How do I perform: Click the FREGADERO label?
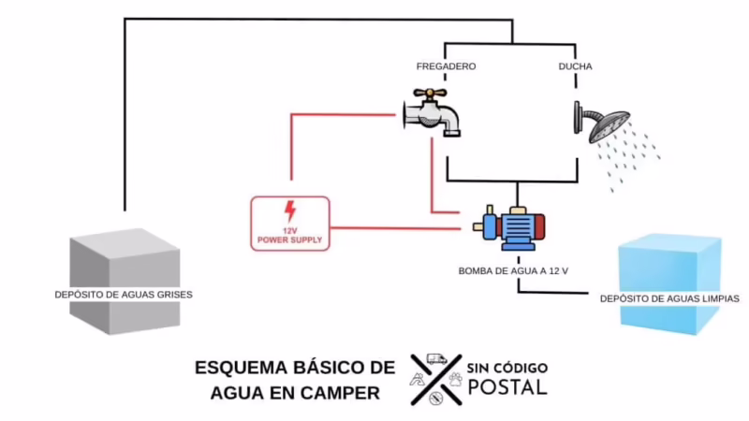coord(446,67)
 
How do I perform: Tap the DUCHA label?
coord(574,67)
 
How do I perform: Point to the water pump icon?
coord(509,228)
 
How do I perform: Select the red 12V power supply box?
coord(290,223)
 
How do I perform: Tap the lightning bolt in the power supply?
coord(290,210)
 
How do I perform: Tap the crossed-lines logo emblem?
coord(435,378)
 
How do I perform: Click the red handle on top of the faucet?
coord(432,94)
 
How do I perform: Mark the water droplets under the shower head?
coord(632,154)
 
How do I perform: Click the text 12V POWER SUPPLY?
coord(290,236)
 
